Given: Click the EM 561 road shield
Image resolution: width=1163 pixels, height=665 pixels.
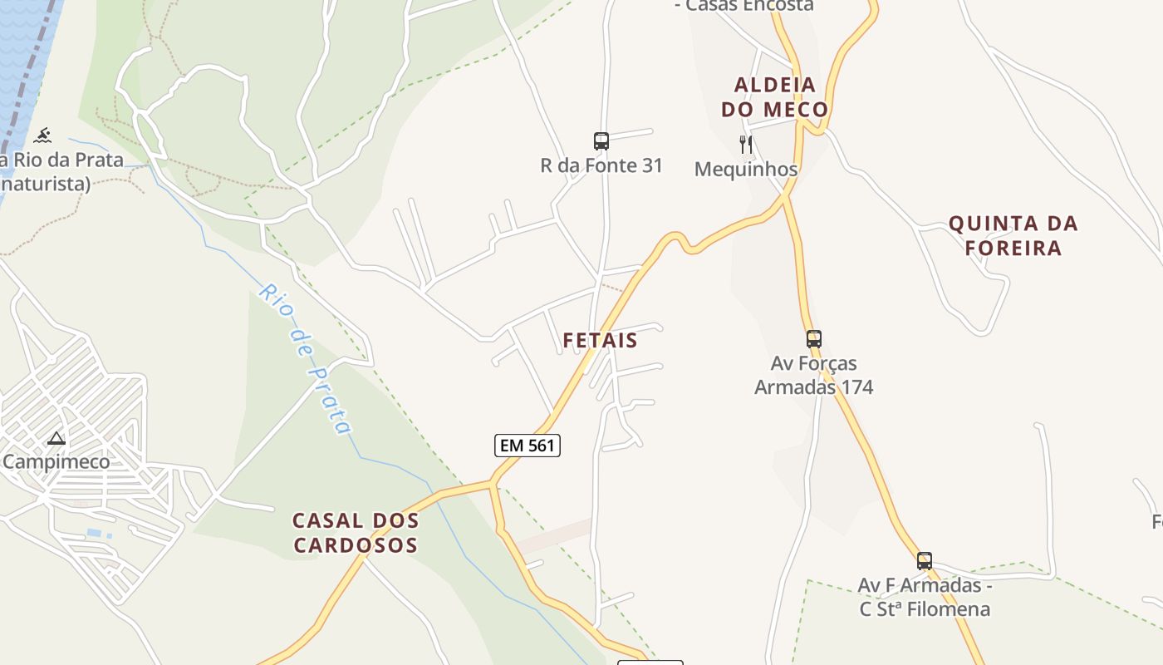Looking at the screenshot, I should point(528,446).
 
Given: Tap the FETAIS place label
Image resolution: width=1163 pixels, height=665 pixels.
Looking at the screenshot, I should point(600,340).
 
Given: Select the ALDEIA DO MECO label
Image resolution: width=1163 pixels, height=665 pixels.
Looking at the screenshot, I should point(774,97).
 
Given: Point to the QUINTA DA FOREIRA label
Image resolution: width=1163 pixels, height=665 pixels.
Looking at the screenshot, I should point(1013,235).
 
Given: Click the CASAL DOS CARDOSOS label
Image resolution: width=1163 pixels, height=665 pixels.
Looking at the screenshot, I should point(356,533).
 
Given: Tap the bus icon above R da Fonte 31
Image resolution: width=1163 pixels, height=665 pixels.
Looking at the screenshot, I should point(601,141).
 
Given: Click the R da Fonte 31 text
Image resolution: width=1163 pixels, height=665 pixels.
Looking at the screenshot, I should point(601,165).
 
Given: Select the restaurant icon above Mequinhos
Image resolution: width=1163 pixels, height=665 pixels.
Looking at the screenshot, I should point(746,145).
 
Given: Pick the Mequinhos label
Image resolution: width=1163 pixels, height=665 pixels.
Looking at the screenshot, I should point(746,169).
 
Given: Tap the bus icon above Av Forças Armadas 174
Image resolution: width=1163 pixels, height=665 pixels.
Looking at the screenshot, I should point(814,339).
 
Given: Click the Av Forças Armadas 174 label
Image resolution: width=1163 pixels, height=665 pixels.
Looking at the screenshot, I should point(814,375).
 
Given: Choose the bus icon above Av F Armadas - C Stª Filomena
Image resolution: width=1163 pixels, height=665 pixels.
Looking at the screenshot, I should point(925,561).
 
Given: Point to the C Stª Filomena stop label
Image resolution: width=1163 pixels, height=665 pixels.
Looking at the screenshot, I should point(925,608).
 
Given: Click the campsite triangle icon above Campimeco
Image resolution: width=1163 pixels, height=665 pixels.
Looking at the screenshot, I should point(56,438).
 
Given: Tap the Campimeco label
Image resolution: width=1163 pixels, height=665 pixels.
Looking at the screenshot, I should point(56,461).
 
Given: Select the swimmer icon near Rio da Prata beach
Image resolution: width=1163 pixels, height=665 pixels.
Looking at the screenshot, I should point(42,135).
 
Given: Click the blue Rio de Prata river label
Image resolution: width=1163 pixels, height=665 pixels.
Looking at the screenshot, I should point(305,358).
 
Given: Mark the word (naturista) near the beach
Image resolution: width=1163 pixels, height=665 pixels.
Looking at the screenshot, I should point(46,183).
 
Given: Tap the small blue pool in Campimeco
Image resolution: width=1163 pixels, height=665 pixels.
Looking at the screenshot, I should point(95,533).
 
